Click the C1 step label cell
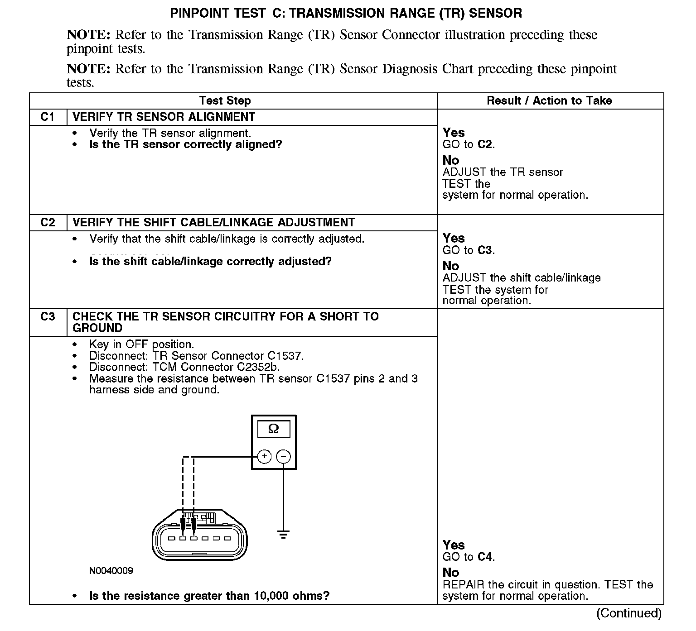click(x=48, y=117)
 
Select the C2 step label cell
click(x=48, y=222)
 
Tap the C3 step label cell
click(x=48, y=316)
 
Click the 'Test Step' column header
click(x=225, y=100)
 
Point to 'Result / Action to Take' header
click(x=549, y=100)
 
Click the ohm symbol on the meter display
click(x=273, y=429)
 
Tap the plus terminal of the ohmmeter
click(x=264, y=456)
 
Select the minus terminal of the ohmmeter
click(x=284, y=456)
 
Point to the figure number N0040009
click(x=111, y=571)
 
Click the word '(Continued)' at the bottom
click(x=629, y=613)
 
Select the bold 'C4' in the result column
click(x=484, y=557)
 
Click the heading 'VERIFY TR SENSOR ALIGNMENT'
click(x=164, y=117)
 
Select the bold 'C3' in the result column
click(x=484, y=250)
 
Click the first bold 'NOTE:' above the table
click(x=88, y=35)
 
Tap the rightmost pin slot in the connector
click(x=227, y=539)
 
